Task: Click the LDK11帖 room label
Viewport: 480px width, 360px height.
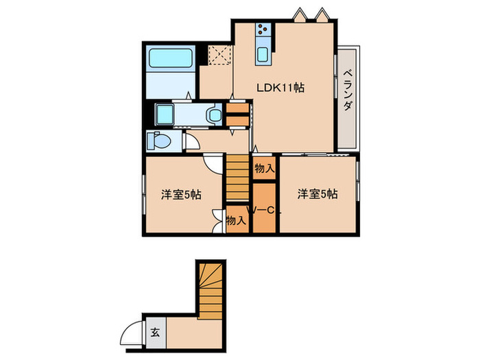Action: point(280,88)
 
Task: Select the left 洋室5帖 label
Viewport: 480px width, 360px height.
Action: point(181,195)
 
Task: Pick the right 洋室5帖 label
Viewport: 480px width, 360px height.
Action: point(317,195)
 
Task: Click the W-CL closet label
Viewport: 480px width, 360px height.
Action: point(264,210)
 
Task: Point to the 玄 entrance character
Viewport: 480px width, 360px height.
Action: point(155,333)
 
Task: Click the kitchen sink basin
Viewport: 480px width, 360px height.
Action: point(263,55)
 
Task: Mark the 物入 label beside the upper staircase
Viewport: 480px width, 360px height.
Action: point(264,168)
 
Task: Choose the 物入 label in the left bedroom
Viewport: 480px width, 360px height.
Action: point(236,221)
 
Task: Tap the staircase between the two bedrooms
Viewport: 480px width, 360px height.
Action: point(237,178)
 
